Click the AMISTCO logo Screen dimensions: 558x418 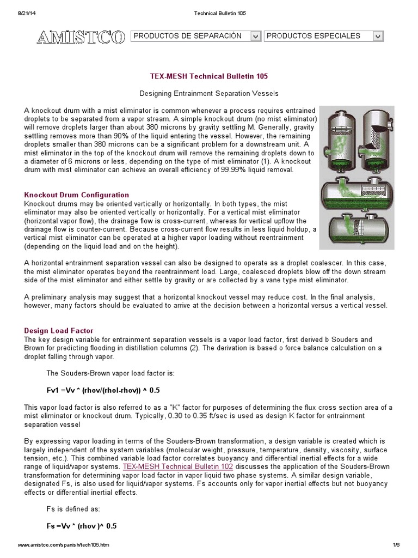pos(81,37)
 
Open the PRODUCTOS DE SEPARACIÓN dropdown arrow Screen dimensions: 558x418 pos(255,36)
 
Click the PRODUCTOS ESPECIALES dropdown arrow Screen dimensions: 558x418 pos(378,36)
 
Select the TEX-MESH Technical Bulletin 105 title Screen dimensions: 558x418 pos(209,77)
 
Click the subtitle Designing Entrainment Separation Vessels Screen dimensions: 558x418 pos(209,94)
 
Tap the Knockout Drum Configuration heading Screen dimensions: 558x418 pos(77,195)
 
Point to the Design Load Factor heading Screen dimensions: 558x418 pos(59,331)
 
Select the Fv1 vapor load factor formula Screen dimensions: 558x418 pos(103,391)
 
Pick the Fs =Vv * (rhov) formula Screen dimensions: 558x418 pos(82,526)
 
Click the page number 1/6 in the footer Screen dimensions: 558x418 pos(396,545)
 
